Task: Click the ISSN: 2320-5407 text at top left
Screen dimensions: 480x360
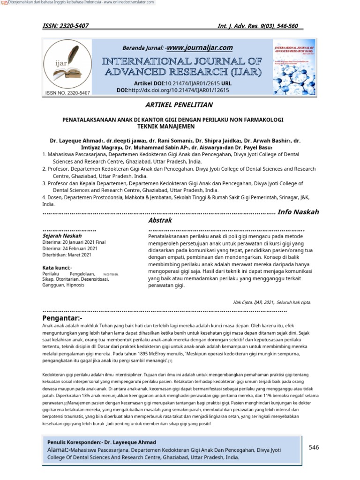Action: [x=66, y=26]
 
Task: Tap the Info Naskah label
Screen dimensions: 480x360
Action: [x=299, y=212]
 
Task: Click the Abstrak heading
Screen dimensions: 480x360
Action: [x=160, y=220]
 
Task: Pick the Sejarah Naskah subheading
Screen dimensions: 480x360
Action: [x=62, y=236]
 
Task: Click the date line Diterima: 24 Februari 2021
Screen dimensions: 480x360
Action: [x=70, y=248]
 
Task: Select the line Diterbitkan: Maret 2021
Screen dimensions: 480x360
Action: [x=67, y=255]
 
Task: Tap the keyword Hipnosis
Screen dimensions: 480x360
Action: [x=75, y=285]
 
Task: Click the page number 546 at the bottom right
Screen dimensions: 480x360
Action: [x=314, y=448]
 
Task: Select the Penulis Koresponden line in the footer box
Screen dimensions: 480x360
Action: [x=102, y=442]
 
